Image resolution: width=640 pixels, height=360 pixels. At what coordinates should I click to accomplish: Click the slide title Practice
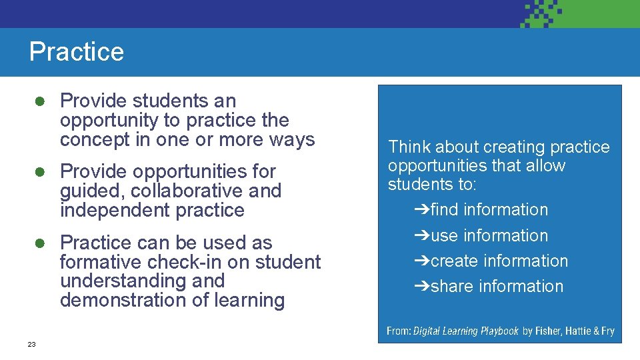point(77,52)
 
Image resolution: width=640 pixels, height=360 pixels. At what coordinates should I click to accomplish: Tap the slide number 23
point(31,344)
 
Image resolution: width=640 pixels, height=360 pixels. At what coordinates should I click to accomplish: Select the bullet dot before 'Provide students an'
point(40,101)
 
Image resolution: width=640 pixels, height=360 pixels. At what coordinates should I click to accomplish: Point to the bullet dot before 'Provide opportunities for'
point(40,171)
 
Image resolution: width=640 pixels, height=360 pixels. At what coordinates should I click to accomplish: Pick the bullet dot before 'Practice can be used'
point(40,243)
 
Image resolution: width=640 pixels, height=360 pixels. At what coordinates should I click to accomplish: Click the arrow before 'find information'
point(421,210)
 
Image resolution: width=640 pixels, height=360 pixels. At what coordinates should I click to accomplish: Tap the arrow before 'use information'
point(421,236)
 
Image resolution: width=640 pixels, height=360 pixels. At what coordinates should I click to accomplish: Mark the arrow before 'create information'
point(421,261)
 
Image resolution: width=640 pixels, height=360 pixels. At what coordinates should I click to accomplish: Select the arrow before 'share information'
point(421,287)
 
